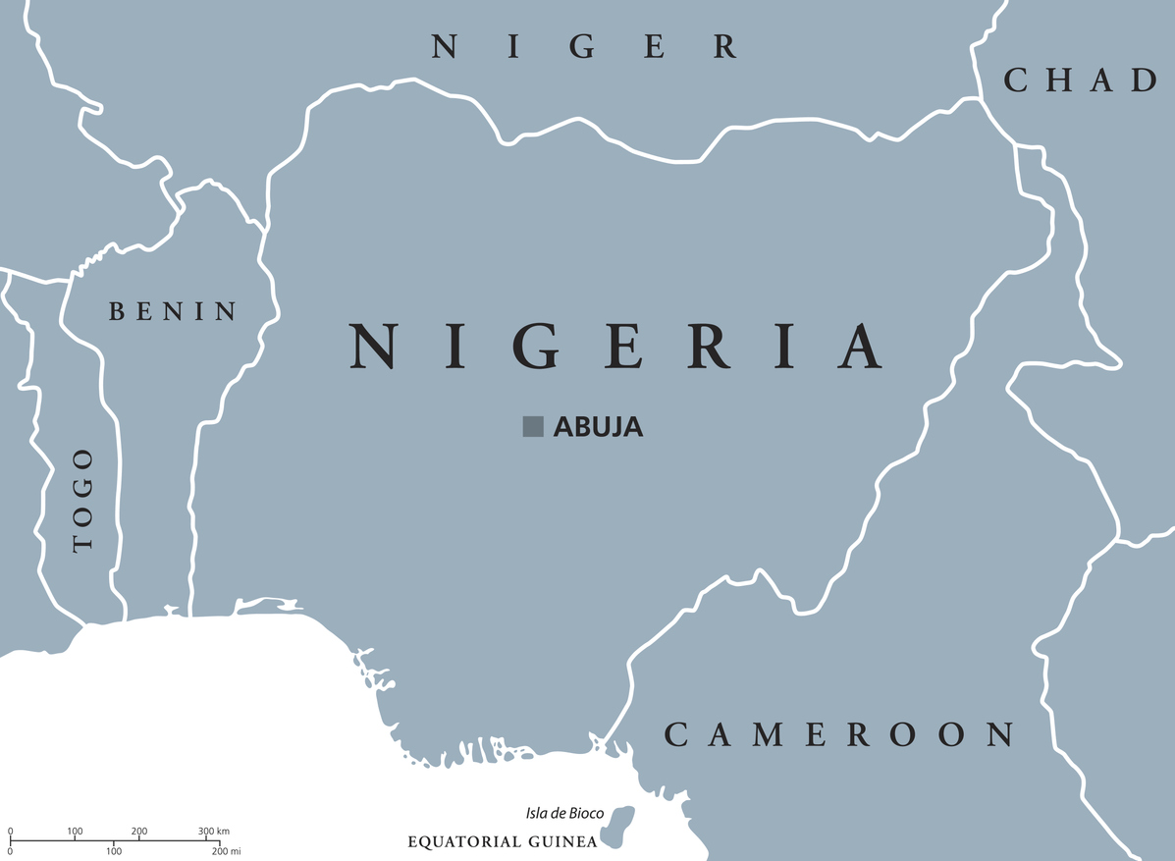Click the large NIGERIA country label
point(616,346)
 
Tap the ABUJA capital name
point(598,427)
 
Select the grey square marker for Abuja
point(533,426)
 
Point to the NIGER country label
point(585,46)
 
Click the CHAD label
point(1081,81)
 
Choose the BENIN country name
point(173,312)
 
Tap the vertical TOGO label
point(83,500)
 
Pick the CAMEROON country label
point(839,734)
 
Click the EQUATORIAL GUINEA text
point(502,842)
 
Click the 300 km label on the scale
point(213,832)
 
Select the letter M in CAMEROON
point(764,734)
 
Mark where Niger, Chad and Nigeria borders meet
point(981,98)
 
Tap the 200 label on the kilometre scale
point(139,832)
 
